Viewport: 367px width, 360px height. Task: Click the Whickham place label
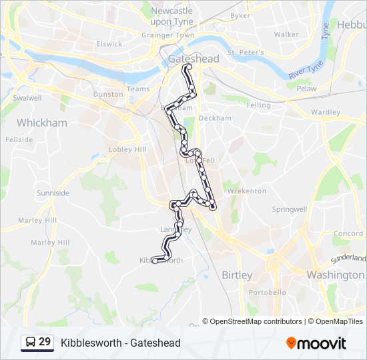(42, 123)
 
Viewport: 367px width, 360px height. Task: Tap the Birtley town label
(237, 275)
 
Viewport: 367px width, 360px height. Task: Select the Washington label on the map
(336, 275)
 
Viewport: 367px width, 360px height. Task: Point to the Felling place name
(258, 105)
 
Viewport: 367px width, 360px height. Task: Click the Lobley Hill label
(127, 149)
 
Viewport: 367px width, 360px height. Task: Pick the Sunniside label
(53, 193)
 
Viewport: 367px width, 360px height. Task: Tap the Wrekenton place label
(247, 191)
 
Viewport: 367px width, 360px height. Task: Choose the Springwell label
(290, 209)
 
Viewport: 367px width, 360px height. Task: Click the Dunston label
(108, 94)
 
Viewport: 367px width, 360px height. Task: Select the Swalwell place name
(27, 97)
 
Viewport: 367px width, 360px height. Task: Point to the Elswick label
(109, 44)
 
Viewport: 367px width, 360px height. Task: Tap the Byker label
(240, 15)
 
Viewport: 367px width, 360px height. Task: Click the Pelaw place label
(307, 88)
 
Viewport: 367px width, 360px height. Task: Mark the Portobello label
(267, 292)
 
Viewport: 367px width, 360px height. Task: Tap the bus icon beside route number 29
(30, 343)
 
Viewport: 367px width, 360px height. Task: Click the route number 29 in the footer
(45, 342)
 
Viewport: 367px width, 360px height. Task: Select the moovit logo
(316, 343)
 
